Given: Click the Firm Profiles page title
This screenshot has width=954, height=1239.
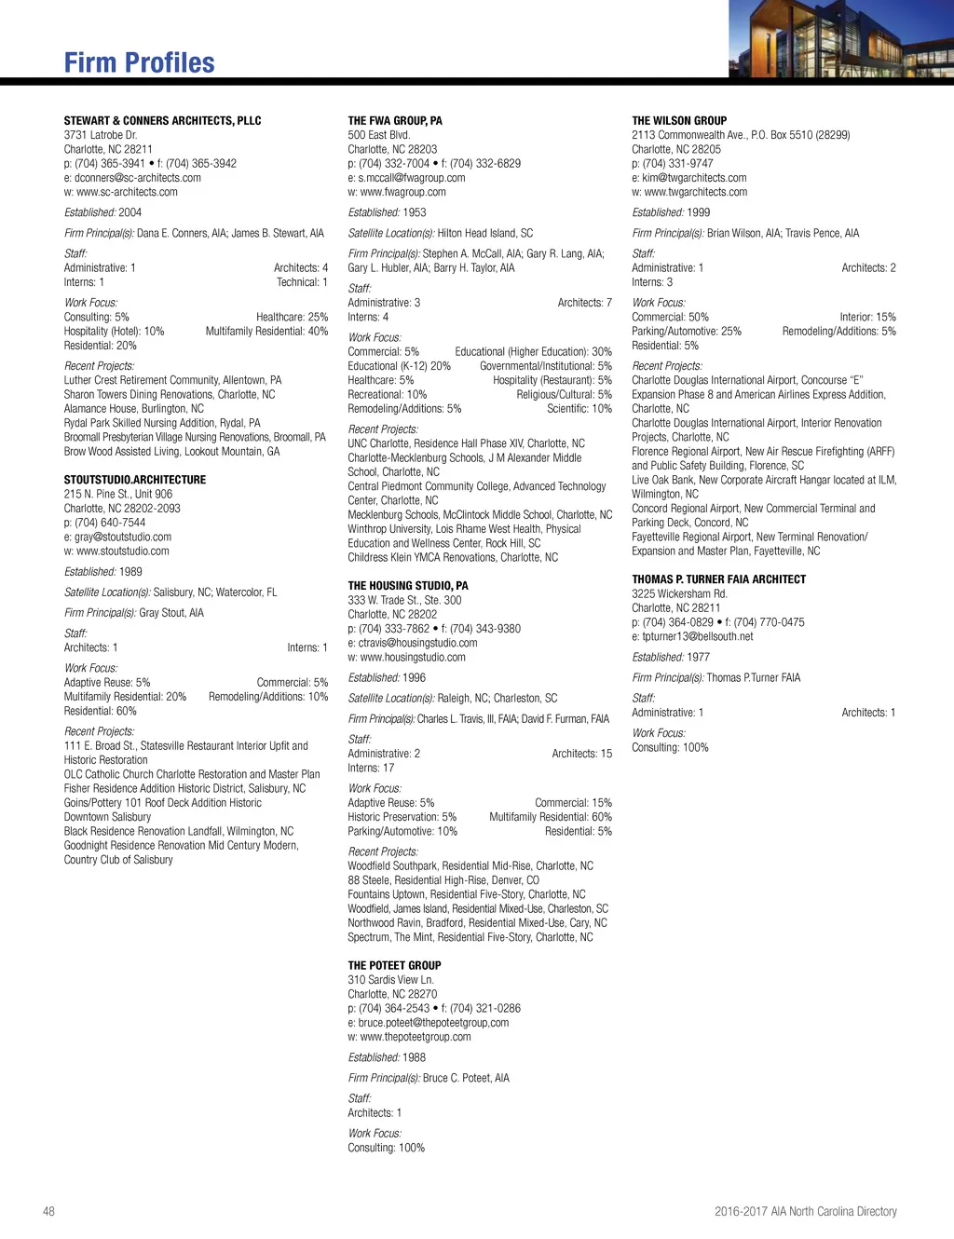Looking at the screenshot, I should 139,62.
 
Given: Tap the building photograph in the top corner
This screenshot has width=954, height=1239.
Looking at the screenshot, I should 840,38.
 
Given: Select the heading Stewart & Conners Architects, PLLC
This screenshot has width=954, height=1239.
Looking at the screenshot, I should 162,120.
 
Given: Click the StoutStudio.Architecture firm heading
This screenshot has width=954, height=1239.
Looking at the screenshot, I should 135,480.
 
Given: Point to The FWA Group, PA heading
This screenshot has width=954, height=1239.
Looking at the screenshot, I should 395,120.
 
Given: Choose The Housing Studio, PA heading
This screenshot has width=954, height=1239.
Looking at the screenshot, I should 408,586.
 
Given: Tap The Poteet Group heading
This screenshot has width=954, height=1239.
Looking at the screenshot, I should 394,965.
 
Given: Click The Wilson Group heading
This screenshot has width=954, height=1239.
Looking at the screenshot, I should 679,120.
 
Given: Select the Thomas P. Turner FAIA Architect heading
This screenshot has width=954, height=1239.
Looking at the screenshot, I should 718,579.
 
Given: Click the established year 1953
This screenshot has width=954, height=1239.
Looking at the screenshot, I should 415,212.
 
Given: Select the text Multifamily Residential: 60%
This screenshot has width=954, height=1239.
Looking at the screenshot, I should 551,817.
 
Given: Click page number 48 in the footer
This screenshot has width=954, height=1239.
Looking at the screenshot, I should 48,1211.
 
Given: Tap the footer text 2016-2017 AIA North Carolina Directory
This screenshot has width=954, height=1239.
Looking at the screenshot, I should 805,1211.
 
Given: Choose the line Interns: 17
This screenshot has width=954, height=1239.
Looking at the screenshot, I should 371,768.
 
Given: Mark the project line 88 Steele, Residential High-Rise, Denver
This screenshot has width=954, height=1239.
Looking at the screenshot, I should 443,880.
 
